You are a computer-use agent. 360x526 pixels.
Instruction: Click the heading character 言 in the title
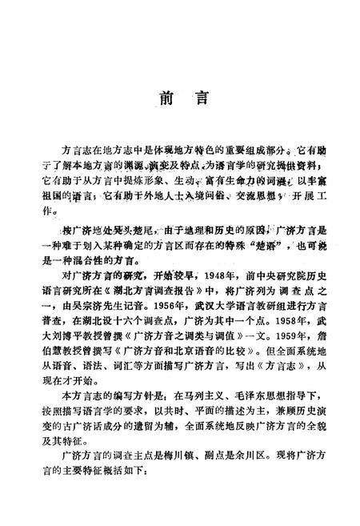click(x=202, y=102)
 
